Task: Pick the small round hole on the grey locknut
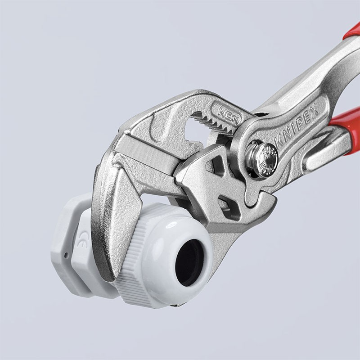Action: pyautogui.click(x=66, y=255)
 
